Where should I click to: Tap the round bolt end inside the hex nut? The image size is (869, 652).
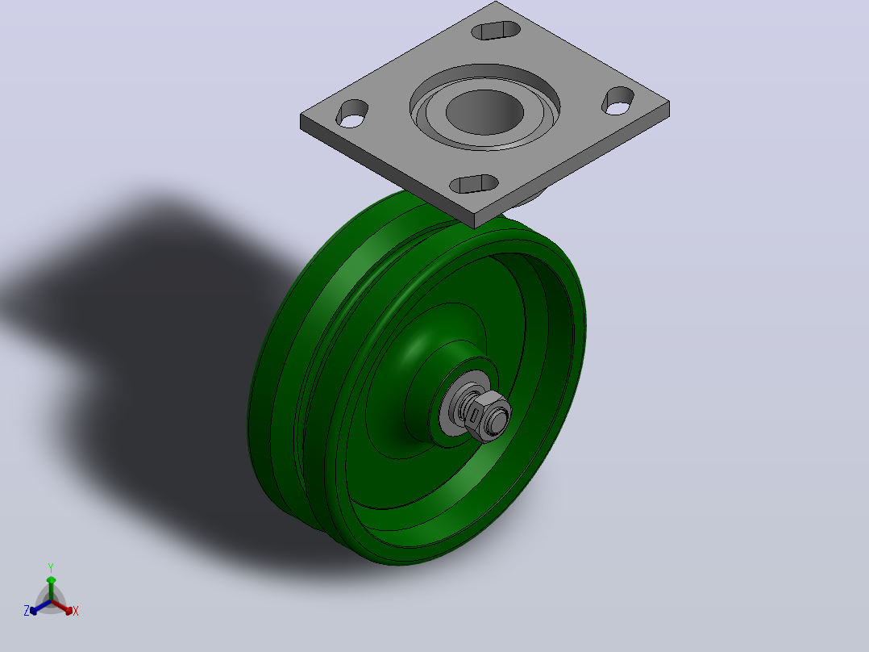click(x=500, y=419)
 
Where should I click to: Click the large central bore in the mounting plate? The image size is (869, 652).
click(x=484, y=111)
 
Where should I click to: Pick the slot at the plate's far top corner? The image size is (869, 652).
click(x=496, y=31)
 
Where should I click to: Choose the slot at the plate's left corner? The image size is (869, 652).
click(x=352, y=114)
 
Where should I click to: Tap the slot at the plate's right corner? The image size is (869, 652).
click(x=618, y=101)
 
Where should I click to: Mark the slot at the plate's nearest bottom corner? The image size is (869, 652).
click(x=474, y=184)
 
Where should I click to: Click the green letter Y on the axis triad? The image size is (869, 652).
click(x=51, y=568)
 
